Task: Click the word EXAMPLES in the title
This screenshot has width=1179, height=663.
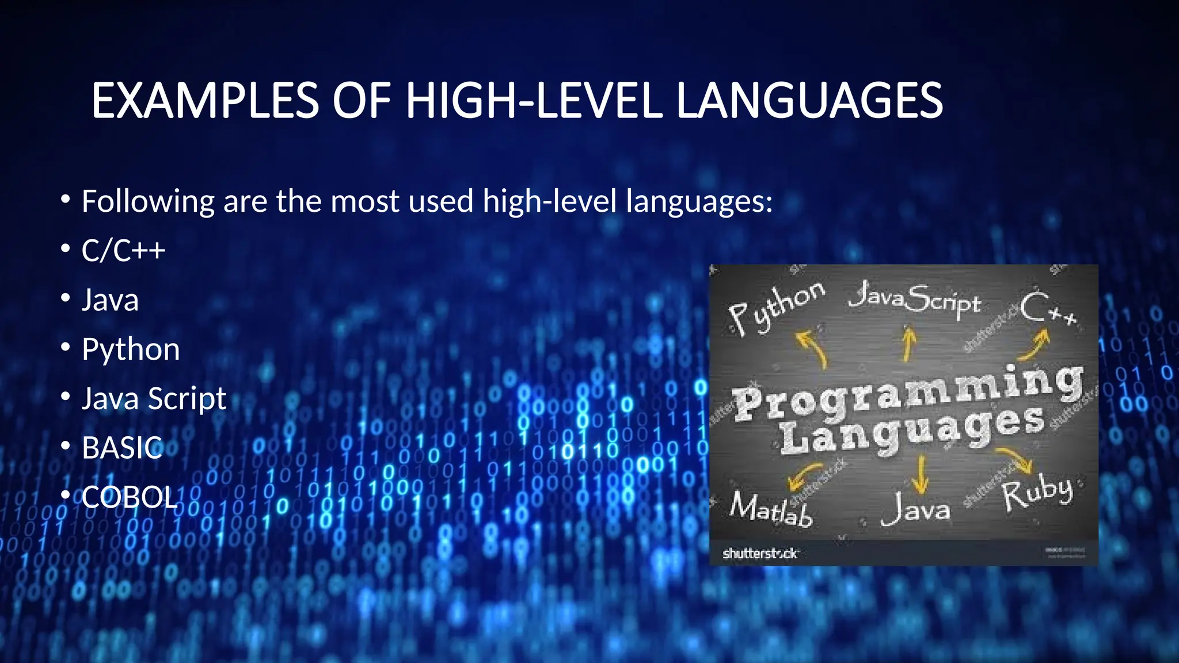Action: (205, 101)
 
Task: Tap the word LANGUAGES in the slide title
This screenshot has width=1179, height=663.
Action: (809, 101)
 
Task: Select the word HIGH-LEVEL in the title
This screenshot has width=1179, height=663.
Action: (534, 101)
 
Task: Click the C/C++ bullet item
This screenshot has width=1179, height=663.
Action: (123, 250)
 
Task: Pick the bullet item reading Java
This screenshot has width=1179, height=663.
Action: (110, 300)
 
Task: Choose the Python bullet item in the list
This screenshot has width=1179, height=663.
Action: (131, 349)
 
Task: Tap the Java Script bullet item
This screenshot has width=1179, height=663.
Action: (154, 398)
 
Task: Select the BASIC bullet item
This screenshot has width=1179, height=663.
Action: (122, 448)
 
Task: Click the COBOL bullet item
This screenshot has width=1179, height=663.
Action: (129, 497)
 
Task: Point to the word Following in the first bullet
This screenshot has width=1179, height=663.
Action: (148, 201)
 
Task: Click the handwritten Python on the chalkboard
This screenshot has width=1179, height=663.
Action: (775, 308)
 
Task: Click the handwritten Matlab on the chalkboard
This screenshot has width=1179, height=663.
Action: (771, 509)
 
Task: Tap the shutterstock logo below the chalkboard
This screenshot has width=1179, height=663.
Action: (760, 554)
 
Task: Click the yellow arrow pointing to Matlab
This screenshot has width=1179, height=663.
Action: (804, 475)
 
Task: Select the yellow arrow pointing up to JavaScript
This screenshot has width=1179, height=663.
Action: (908, 344)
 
